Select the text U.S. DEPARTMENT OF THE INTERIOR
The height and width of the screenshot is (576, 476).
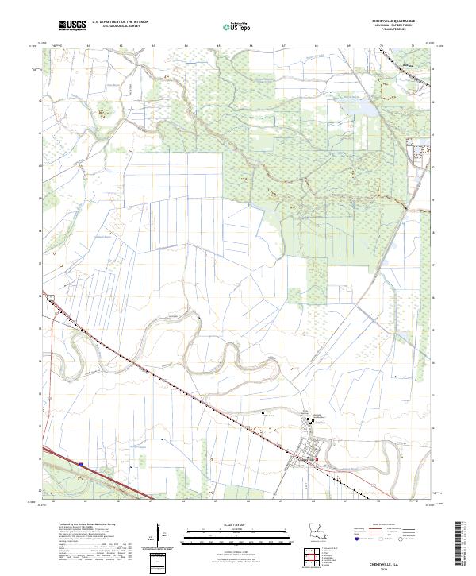tap(121, 22)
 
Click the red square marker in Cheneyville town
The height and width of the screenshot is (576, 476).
tap(318, 460)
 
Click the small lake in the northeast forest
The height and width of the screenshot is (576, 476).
tap(367, 105)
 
